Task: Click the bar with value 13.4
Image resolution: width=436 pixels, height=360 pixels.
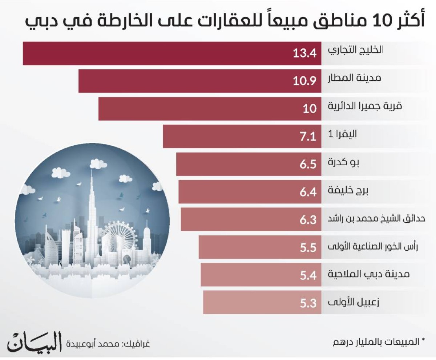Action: [x=171, y=54]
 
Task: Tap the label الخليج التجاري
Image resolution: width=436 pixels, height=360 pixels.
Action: [x=356, y=50]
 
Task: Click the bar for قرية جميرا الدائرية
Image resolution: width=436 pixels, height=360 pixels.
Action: [x=207, y=109]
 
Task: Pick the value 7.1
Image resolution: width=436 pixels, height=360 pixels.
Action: [x=308, y=137]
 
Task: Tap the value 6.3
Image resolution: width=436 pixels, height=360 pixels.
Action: [x=308, y=220]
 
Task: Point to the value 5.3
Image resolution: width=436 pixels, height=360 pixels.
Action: [x=308, y=303]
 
